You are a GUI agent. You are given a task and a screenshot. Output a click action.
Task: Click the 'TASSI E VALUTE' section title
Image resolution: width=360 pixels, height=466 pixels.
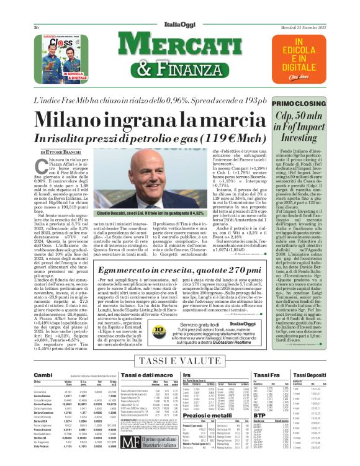[x=179, y=361]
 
